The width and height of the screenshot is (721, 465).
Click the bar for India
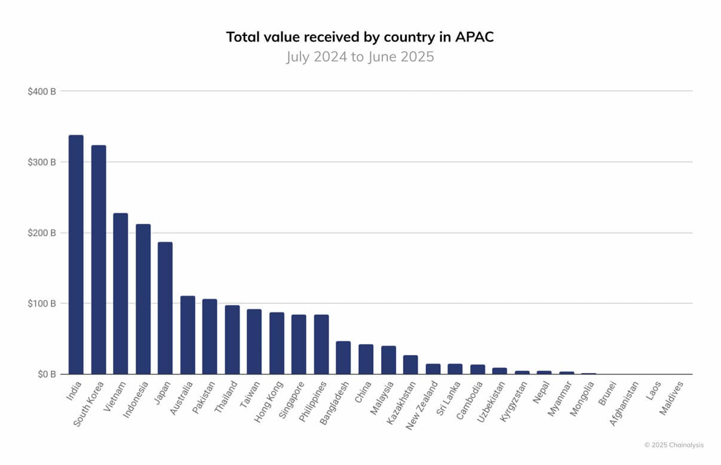pos(76,255)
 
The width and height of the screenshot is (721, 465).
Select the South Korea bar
pos(99,259)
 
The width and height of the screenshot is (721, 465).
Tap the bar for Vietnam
pos(121,293)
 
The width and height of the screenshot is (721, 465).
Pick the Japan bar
pos(165,308)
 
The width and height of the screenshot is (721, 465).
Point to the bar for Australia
pos(188,335)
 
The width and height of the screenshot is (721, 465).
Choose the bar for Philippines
pos(321,344)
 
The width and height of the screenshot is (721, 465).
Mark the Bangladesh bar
pos(343,357)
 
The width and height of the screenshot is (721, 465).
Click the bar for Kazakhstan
pos(410,365)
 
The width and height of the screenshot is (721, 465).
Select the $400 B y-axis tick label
pos(42,91)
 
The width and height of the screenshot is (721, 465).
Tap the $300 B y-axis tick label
pos(42,162)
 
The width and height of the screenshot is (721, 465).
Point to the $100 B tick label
pos(42,304)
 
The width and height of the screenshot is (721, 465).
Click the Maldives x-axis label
pos(672,399)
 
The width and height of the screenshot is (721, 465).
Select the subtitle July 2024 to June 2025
pos(360,57)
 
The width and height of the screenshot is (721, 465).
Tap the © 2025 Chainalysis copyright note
pos(674,445)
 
